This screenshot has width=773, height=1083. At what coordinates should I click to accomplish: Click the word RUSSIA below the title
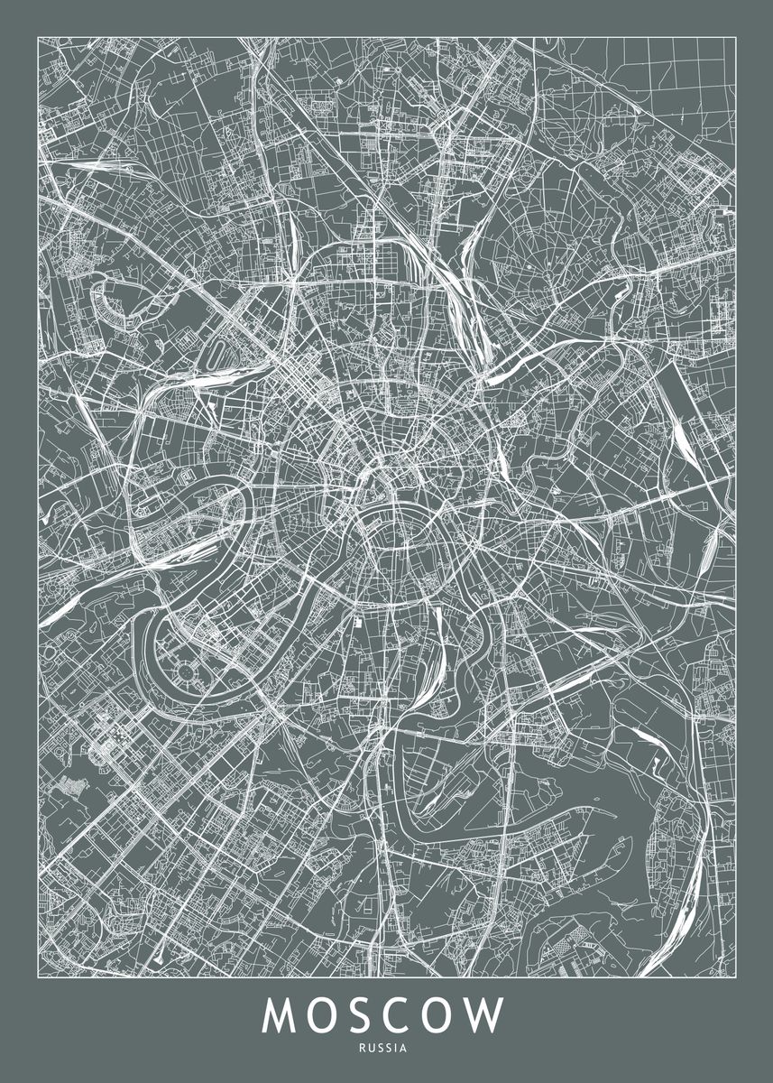(x=386, y=1049)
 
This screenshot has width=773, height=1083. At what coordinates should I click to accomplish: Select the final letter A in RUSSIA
(x=405, y=1049)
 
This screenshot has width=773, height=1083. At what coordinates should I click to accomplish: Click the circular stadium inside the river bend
(x=187, y=671)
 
